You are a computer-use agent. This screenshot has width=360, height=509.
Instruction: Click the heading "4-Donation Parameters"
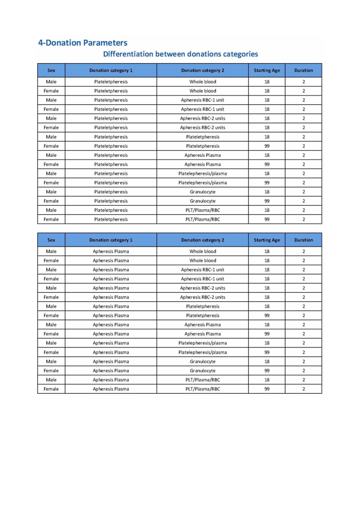coord(83,43)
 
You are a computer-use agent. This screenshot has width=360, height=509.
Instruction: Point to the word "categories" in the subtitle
coord(237,54)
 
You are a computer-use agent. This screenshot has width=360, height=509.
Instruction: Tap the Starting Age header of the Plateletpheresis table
coord(267,71)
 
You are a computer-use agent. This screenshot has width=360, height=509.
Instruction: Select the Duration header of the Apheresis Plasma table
coord(303,240)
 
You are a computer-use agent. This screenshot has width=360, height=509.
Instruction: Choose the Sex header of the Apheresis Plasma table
coord(51,240)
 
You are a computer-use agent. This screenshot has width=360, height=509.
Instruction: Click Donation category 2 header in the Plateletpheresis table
coord(202,71)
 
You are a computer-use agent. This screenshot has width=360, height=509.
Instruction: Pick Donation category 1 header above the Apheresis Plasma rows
coord(111,240)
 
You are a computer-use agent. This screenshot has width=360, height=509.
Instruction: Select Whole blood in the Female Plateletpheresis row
coord(202,91)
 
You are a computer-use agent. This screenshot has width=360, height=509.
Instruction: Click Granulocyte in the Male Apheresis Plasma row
coord(202,361)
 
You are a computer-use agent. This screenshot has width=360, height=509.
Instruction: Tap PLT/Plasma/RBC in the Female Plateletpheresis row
coord(202,219)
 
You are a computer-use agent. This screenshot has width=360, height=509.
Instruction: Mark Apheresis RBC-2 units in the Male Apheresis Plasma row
coord(202,288)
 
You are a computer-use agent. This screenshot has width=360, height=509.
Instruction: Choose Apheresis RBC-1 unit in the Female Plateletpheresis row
coord(202,109)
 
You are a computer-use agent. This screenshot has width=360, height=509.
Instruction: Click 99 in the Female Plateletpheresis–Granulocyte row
coord(267,201)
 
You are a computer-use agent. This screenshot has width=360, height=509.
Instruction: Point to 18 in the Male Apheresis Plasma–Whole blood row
coord(267,252)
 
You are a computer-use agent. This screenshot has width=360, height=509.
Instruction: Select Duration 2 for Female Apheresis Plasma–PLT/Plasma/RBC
coord(303,389)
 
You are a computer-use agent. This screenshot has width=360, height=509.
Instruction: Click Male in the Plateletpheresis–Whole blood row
coord(51,82)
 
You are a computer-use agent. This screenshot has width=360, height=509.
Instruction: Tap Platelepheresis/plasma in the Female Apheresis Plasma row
coord(202,352)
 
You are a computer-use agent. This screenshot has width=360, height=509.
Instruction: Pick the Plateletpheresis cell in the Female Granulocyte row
coord(111,201)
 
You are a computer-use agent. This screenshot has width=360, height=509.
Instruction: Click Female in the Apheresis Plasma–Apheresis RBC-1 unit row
coord(51,279)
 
